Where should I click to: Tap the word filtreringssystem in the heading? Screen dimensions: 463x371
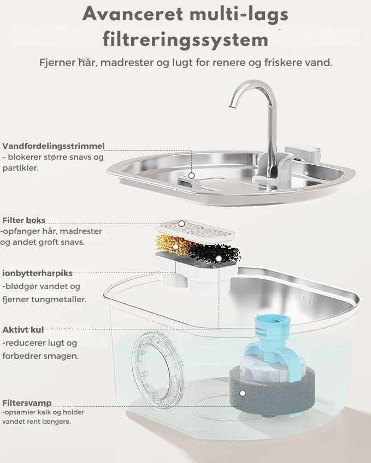coord(185,40)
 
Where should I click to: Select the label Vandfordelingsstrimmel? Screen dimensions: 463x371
coord(53,146)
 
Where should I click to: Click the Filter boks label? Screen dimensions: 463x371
coord(23,220)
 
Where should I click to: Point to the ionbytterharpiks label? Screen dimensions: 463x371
coord(37,273)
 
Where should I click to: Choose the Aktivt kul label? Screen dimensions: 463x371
coord(23,330)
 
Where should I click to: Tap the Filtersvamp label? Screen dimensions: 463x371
coord(27,403)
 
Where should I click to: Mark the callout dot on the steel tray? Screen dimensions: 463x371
coord(191,176)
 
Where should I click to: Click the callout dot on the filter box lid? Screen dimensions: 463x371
coord(181,224)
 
